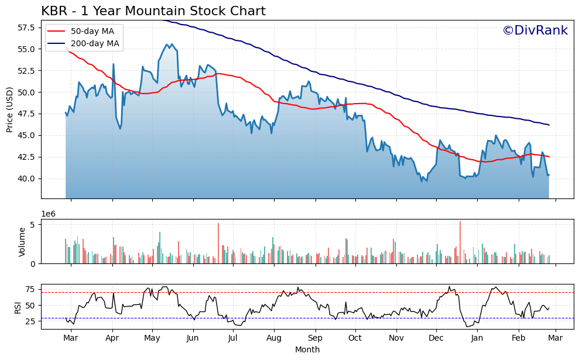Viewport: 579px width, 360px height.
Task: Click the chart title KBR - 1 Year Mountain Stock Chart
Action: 153,11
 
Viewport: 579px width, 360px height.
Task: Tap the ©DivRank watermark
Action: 535,30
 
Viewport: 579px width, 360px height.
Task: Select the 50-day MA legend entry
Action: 92,31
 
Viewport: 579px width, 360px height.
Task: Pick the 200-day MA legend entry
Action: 94,43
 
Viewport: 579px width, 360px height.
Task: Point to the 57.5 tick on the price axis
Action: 26,28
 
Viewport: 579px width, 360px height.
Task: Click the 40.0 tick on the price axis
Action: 26,179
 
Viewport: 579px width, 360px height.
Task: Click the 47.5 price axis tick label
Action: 26,114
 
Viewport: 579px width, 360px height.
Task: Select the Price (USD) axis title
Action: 10,109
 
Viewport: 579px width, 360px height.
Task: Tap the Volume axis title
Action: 22,242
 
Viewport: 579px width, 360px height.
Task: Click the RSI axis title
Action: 18,306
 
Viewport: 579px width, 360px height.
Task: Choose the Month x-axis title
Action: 307,349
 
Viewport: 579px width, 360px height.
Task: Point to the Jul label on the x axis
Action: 233,338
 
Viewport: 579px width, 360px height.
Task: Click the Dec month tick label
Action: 436,338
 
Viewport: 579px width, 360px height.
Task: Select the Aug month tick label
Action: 273,338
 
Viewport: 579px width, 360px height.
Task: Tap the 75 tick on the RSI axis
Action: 31,289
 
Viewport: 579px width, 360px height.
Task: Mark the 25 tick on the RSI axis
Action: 31,321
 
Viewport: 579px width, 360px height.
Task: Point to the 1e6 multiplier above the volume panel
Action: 49,214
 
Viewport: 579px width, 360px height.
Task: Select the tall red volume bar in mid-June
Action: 218,243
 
